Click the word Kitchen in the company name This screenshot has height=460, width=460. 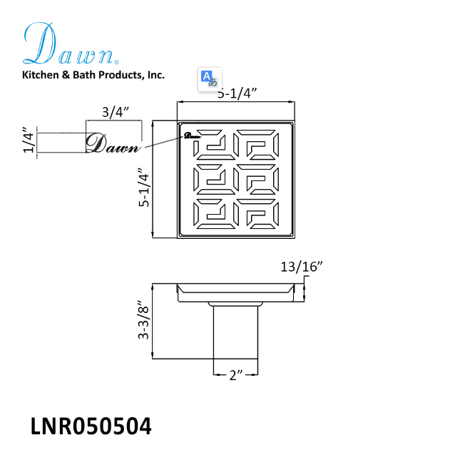(x=41, y=74)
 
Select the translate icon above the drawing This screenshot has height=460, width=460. (x=209, y=78)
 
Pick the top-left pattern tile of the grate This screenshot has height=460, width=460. (x=212, y=145)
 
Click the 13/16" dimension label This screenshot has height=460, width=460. (x=301, y=267)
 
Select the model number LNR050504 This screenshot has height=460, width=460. (x=91, y=426)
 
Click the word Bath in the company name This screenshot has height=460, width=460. (x=86, y=74)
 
